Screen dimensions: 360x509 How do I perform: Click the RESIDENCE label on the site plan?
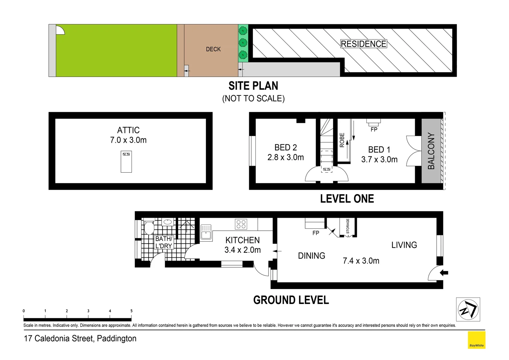363,44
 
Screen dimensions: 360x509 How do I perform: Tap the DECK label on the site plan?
213,49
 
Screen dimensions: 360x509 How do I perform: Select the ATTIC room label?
128,130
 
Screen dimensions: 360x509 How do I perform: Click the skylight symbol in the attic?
126,162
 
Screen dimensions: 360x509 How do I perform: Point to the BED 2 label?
285,147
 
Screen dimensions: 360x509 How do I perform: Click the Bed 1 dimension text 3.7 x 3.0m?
379,160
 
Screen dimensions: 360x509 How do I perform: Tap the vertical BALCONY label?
431,151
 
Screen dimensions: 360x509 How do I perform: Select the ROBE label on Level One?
342,140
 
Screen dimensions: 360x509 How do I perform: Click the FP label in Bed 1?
374,129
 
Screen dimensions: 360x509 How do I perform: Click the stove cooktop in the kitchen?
241,224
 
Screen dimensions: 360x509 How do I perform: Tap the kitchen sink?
206,232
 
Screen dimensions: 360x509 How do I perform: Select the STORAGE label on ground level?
348,226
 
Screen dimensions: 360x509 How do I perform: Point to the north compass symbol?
468,309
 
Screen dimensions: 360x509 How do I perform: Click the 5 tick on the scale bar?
131,311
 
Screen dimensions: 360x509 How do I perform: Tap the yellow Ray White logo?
476,340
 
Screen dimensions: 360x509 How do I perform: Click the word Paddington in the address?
117,339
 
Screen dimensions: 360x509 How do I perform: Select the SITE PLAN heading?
253,86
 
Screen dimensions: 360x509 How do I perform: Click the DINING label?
311,256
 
